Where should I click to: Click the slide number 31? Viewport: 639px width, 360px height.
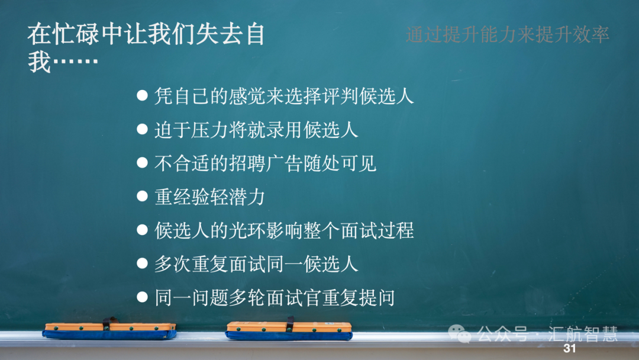pyautogui.click(x=570, y=348)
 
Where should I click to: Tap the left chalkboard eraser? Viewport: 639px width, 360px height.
pyautogui.click(x=109, y=330)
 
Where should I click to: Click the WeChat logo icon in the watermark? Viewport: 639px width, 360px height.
pyautogui.click(x=460, y=333)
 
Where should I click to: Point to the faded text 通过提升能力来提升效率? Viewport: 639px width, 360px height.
pyautogui.click(x=508, y=34)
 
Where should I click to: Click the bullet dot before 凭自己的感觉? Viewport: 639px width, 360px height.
pyautogui.click(x=142, y=95)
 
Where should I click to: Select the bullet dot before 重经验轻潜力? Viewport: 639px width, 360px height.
pyautogui.click(x=142, y=196)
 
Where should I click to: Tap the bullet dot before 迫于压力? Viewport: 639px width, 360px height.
pyautogui.click(x=142, y=129)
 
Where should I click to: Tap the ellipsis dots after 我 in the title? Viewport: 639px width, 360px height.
pyautogui.click(x=75, y=62)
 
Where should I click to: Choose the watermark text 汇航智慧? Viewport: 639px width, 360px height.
pyautogui.click(x=583, y=334)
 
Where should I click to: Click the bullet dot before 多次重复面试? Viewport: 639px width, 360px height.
pyautogui.click(x=142, y=263)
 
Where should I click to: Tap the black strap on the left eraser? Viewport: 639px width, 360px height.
pyautogui.click(x=107, y=324)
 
